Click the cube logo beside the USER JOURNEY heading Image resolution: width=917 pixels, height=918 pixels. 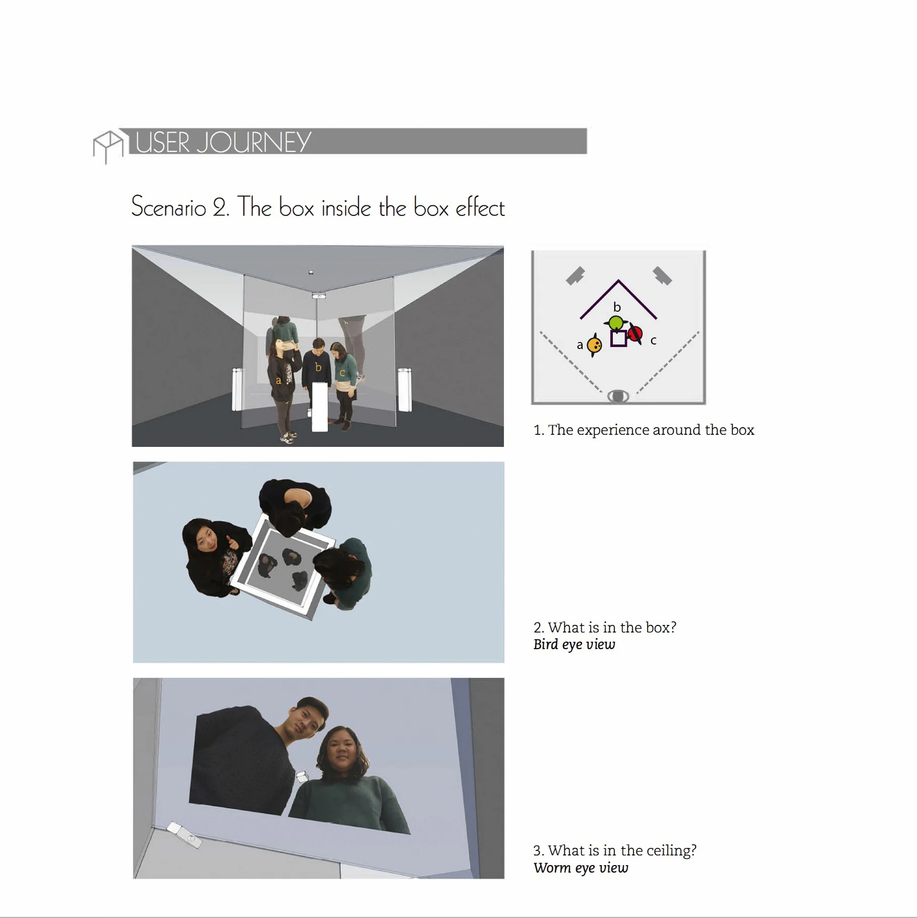107,146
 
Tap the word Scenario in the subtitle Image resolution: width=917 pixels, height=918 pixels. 169,207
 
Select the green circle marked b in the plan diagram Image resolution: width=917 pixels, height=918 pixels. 615,323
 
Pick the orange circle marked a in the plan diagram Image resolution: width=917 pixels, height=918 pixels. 595,346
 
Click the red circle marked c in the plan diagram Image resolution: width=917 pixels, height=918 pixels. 635,334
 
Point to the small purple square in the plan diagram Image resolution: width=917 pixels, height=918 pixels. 618,338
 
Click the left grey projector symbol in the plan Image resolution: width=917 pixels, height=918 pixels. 576,276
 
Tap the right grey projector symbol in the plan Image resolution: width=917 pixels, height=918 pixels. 662,276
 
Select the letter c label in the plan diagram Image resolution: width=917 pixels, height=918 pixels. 653,341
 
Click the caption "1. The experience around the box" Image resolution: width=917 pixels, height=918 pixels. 644,430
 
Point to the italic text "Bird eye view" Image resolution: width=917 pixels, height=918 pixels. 575,645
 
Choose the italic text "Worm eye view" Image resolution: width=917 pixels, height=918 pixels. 581,868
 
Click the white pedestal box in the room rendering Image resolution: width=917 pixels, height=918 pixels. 320,407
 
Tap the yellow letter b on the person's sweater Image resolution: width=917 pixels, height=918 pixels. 318,367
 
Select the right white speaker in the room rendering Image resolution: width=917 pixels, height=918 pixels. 405,389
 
